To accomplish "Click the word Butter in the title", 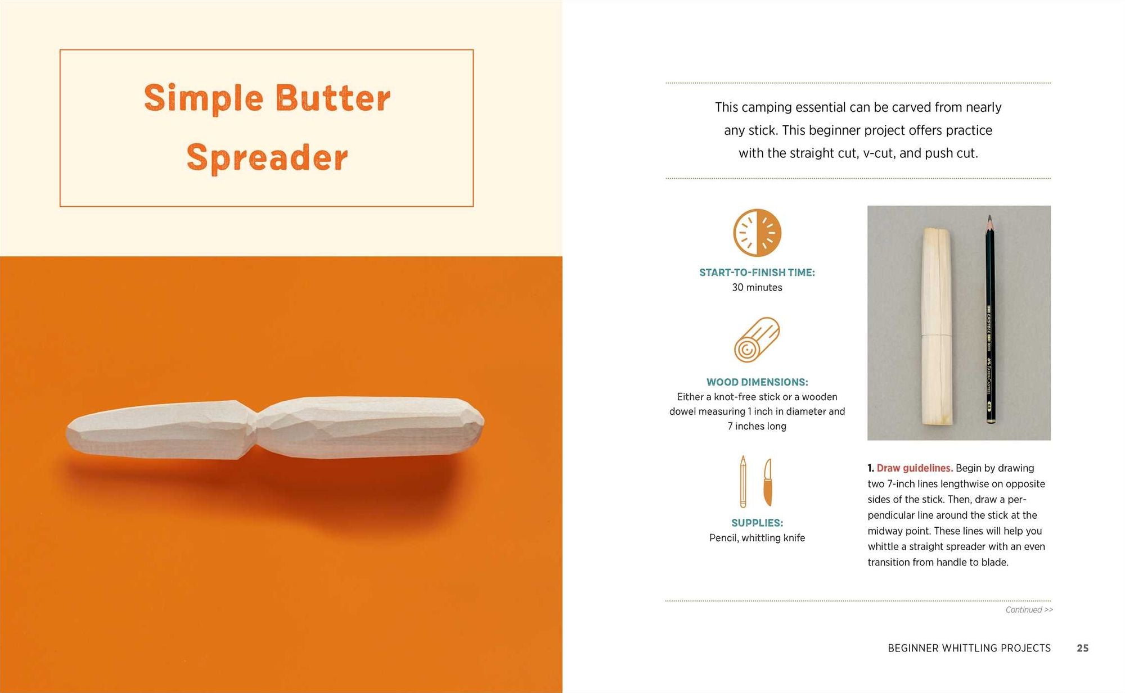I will (333, 98).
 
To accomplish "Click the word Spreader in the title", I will (267, 157).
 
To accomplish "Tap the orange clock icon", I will (757, 233).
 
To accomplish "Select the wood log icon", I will (757, 339).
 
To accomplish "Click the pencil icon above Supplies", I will (743, 482).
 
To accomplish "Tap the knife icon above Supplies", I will (768, 482).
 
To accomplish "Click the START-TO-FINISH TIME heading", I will (757, 273).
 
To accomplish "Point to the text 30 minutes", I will (757, 287).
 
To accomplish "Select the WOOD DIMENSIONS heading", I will (757, 382).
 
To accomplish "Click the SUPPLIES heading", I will (757, 523).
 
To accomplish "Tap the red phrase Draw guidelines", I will (914, 468).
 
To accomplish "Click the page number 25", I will (1082, 648).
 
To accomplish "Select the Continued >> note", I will (1029, 610).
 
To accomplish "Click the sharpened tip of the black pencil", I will (989, 218).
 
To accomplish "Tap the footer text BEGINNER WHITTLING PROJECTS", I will (969, 648).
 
